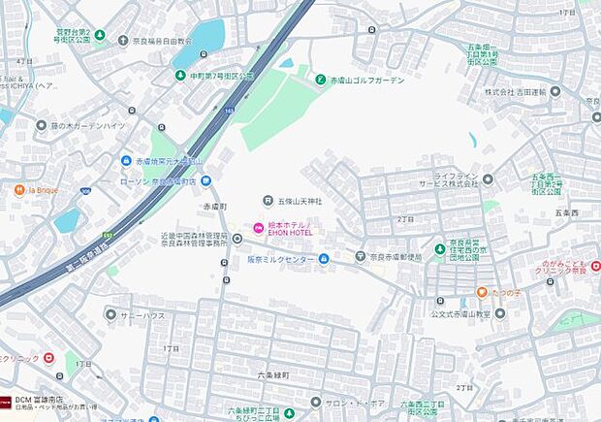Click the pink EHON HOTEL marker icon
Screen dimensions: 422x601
(258, 228)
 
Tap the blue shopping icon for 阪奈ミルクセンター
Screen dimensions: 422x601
(325, 258)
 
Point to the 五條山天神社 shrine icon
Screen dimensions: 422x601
(269, 202)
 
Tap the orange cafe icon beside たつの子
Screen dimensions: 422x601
(481, 292)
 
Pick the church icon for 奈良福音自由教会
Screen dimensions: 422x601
(123, 41)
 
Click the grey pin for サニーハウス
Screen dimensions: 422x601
(111, 316)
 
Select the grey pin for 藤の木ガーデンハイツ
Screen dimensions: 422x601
(41, 125)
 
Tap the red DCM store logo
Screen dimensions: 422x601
(5, 400)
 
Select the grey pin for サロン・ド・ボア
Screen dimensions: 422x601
(315, 401)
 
